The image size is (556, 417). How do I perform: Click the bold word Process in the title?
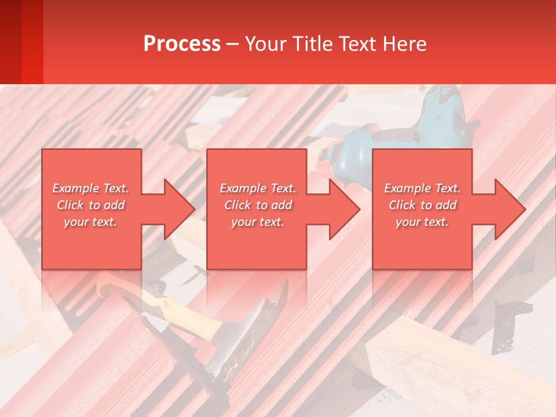[x=182, y=44]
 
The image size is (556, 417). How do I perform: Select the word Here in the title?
[x=404, y=44]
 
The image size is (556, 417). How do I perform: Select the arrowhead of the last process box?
[x=509, y=209]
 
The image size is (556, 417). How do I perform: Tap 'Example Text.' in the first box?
[x=90, y=188]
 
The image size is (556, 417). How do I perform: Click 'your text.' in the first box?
[x=90, y=222]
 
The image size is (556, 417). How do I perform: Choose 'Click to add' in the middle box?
[x=258, y=205]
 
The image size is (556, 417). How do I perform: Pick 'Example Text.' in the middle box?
[x=258, y=188]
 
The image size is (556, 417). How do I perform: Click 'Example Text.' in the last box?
[x=422, y=188]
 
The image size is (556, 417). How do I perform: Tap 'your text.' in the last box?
[x=422, y=222]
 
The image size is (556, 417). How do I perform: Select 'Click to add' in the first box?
[x=90, y=205]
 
